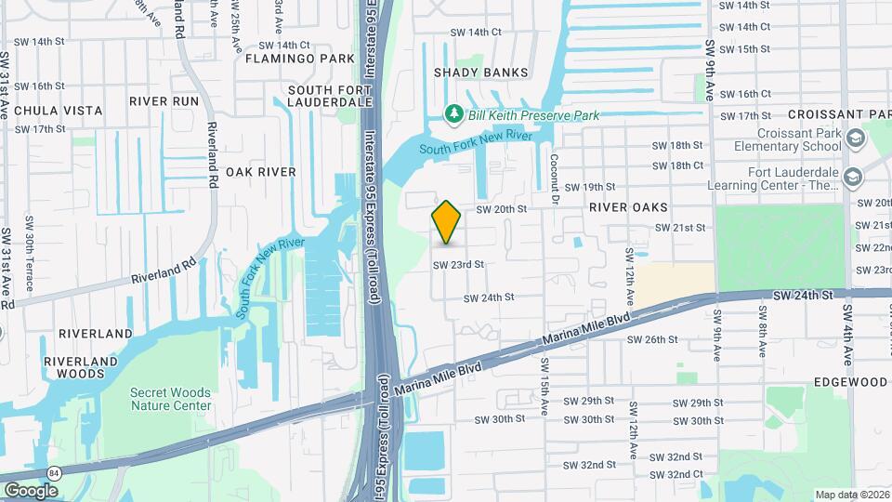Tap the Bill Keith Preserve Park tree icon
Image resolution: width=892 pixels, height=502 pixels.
pyautogui.click(x=454, y=114)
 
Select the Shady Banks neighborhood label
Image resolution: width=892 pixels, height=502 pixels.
pyautogui.click(x=480, y=73)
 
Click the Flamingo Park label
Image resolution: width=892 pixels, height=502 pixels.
pyautogui.click(x=300, y=59)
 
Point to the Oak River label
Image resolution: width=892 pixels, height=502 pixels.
pyautogui.click(x=260, y=172)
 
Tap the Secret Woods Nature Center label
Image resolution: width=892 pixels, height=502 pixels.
pyautogui.click(x=170, y=399)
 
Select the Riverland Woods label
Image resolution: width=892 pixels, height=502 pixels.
pyautogui.click(x=88, y=367)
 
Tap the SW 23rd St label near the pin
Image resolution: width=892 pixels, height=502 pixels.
pyautogui.click(x=458, y=264)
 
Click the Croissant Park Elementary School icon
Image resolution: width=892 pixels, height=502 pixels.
pyautogui.click(x=856, y=139)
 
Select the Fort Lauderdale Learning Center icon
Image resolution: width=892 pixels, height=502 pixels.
pyautogui.click(x=852, y=176)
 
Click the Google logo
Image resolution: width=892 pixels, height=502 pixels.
pyautogui.click(x=31, y=490)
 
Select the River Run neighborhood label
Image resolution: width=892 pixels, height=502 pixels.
pyautogui.click(x=164, y=100)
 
